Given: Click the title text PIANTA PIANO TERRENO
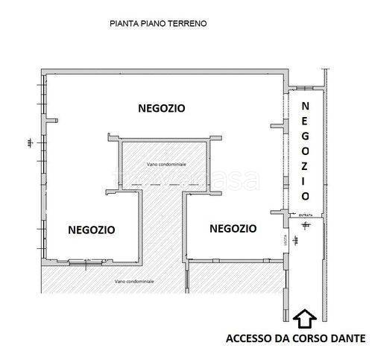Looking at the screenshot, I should point(158,24).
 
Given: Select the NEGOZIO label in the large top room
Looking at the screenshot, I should point(162,108).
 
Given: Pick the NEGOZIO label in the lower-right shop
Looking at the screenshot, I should point(233,229).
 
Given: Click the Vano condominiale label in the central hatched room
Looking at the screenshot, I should point(166,163).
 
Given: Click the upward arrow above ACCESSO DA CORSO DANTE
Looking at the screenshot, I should point(303,319).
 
